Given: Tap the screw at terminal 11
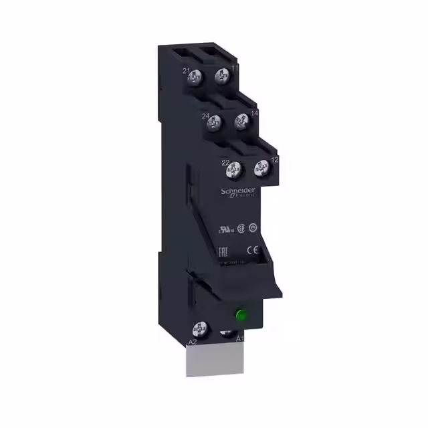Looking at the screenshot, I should pos(221,78).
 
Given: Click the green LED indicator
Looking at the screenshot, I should pos(238,314).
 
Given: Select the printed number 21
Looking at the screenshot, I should pos(185,72).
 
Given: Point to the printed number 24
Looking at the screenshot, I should pos(207,117).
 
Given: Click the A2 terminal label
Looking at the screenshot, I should pos(192,342).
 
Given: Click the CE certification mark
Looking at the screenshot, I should pos(253,251).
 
